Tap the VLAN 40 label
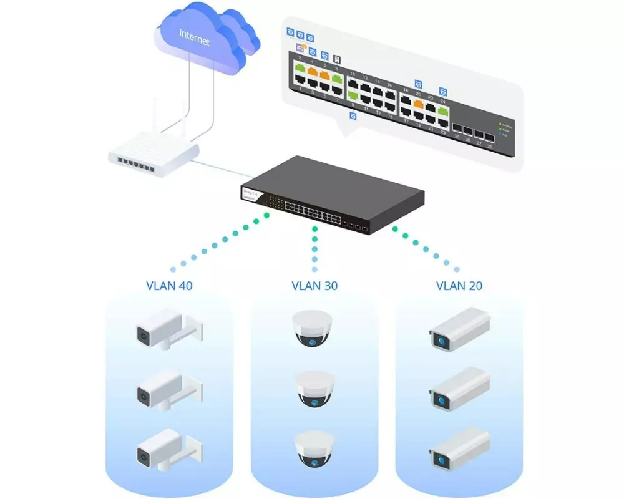tap(169, 286)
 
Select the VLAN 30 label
tap(314, 286)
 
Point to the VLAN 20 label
tap(459, 286)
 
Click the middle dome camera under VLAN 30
tap(314, 390)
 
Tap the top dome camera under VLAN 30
tap(314, 331)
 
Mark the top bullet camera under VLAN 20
tap(459, 331)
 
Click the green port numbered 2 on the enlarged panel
tap(300, 67)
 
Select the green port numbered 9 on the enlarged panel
tap(353, 95)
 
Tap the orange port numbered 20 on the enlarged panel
tap(418, 104)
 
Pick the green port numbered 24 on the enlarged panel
tap(443, 112)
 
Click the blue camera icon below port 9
tap(353, 116)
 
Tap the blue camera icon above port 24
tap(443, 91)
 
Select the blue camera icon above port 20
tap(418, 83)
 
